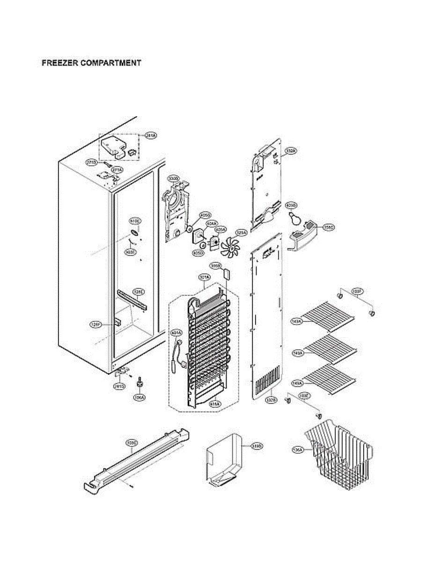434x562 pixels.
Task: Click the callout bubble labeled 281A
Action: pos(150,135)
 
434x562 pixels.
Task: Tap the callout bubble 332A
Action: pos(291,151)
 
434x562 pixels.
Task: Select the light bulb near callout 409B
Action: pos(294,217)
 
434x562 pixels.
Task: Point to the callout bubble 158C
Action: pos(329,227)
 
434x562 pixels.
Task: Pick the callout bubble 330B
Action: pos(174,178)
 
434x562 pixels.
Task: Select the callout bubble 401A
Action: pos(176,333)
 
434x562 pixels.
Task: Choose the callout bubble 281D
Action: pos(119,386)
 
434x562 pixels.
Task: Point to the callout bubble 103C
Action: pos(132,443)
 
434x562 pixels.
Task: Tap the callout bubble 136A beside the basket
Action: pos(298,450)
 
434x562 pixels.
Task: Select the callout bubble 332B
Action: pos(271,400)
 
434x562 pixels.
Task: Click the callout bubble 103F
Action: pos(357,291)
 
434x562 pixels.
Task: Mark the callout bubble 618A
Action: pos(215,402)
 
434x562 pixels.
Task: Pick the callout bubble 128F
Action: pos(96,324)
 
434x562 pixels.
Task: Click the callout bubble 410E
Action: pos(135,221)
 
